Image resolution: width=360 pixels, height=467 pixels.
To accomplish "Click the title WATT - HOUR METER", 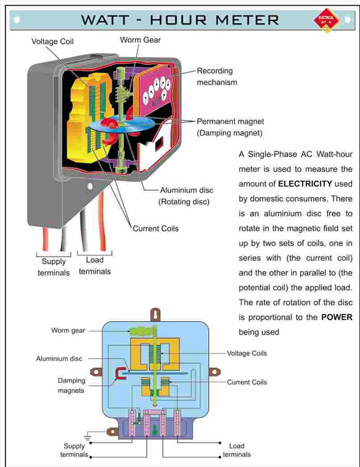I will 180,19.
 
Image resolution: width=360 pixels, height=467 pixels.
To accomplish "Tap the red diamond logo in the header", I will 326,20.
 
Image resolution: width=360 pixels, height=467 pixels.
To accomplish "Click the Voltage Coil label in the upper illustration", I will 53,41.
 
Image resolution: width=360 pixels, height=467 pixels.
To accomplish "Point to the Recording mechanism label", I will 217,76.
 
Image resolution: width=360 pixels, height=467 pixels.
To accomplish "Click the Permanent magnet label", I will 230,121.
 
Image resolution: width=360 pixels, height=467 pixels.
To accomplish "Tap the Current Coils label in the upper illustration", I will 155,228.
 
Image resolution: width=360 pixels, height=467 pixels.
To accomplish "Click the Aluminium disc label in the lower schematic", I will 59,358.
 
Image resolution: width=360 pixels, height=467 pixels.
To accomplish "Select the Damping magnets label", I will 71,385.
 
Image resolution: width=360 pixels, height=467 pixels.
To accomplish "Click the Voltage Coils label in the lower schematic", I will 247,353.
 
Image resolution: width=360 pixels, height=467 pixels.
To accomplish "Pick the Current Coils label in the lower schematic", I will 247,382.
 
